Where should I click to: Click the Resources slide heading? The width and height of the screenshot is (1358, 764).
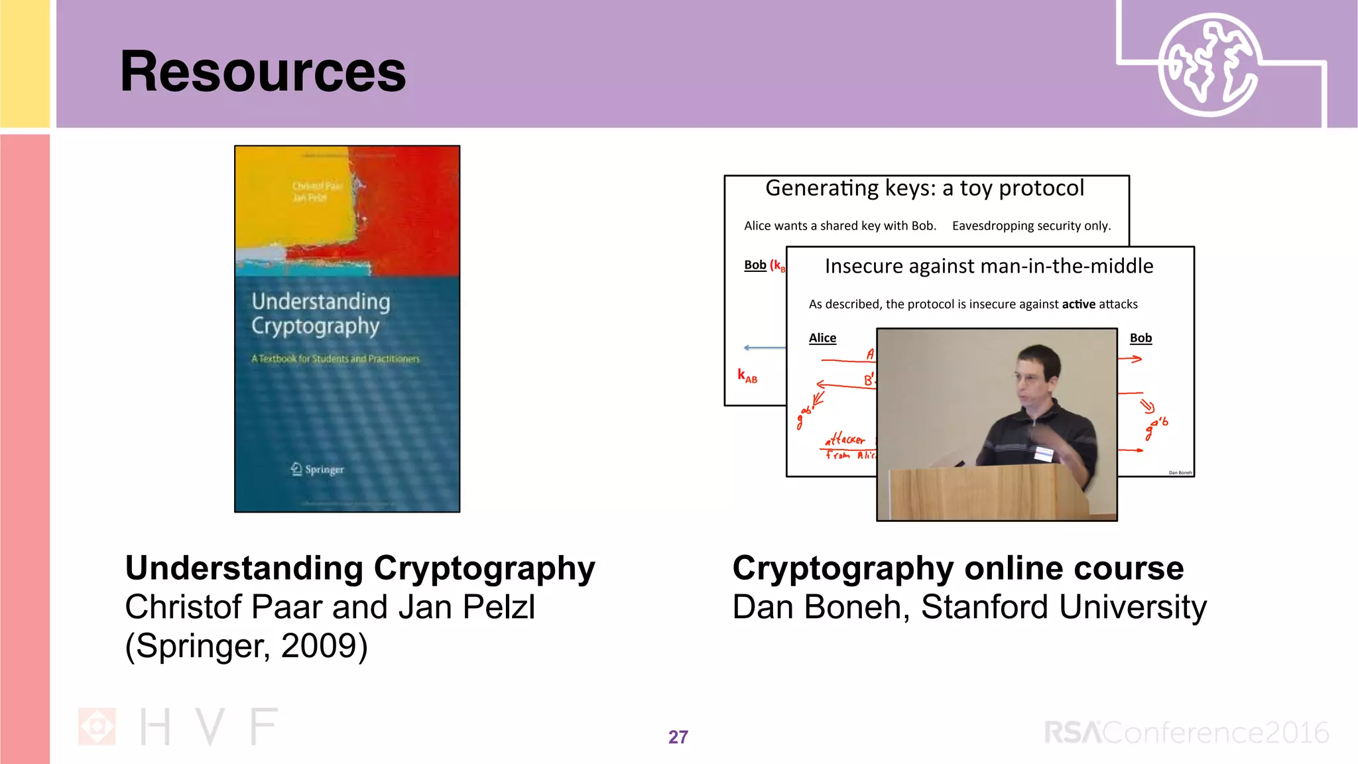263,72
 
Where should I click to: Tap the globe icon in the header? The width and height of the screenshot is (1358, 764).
1208,65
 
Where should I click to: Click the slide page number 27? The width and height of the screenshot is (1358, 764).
678,737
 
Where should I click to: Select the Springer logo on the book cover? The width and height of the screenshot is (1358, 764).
317,469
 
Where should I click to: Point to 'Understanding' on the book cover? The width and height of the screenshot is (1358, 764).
321,302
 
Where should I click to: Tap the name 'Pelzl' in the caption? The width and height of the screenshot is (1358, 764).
499,607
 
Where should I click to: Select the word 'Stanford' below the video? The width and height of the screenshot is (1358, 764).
985,607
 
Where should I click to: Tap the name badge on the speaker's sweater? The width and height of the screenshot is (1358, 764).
1044,454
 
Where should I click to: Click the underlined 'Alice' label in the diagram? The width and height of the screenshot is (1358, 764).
822,338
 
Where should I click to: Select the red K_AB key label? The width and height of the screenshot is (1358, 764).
747,376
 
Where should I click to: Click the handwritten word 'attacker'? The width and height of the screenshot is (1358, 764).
845,439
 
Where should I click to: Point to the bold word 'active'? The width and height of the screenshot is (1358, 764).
1078,304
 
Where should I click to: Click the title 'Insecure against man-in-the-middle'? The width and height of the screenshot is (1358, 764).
989,267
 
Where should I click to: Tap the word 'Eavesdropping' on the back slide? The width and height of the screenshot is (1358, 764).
993,226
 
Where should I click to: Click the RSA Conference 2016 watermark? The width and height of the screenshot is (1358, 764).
1186,733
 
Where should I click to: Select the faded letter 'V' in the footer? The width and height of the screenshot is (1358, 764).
210,727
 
